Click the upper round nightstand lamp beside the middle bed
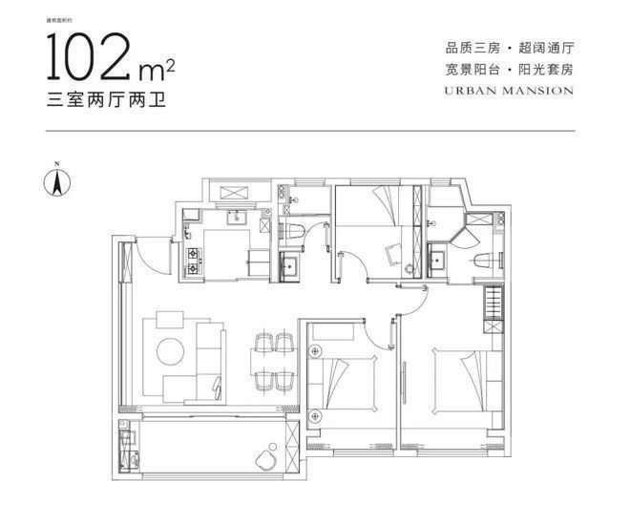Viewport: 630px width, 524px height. [x=315, y=333]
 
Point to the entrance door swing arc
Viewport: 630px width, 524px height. [x=140, y=251]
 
